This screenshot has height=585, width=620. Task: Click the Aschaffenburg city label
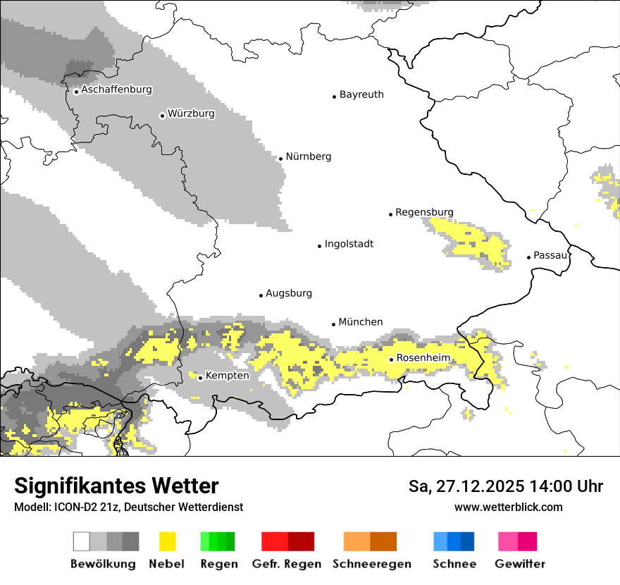pos(116,90)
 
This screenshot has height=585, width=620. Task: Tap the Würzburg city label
pos(191,113)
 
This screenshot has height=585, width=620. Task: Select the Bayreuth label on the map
pos(361,94)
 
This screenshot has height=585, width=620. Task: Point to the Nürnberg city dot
pos(280,159)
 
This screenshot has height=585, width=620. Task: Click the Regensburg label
pos(424,212)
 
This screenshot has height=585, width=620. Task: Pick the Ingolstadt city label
pos(349,245)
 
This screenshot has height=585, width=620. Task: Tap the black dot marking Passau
pos(529,257)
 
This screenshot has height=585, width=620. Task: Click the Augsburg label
pos(289,293)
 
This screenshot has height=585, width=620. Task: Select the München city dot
pos(334,324)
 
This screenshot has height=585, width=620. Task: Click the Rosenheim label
pos(423,358)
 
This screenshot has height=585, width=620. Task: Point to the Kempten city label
pos(227,376)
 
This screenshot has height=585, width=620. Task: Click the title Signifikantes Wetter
pos(116,486)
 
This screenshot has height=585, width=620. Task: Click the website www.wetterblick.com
pos(509,507)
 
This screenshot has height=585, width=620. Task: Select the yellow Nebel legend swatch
pos(168,541)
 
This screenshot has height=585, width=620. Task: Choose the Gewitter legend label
pos(520,564)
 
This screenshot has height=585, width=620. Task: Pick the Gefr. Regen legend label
pos(287,564)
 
